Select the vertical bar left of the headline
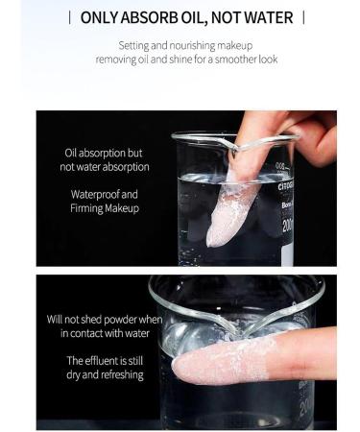coord(70,17)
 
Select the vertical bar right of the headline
coord(303,17)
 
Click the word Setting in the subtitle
coord(133,46)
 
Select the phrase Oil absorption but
coord(104,153)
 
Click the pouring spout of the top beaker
coord(236,147)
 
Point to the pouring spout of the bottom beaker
coord(239,327)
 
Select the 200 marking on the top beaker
coord(287,226)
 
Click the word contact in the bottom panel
coord(85,333)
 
